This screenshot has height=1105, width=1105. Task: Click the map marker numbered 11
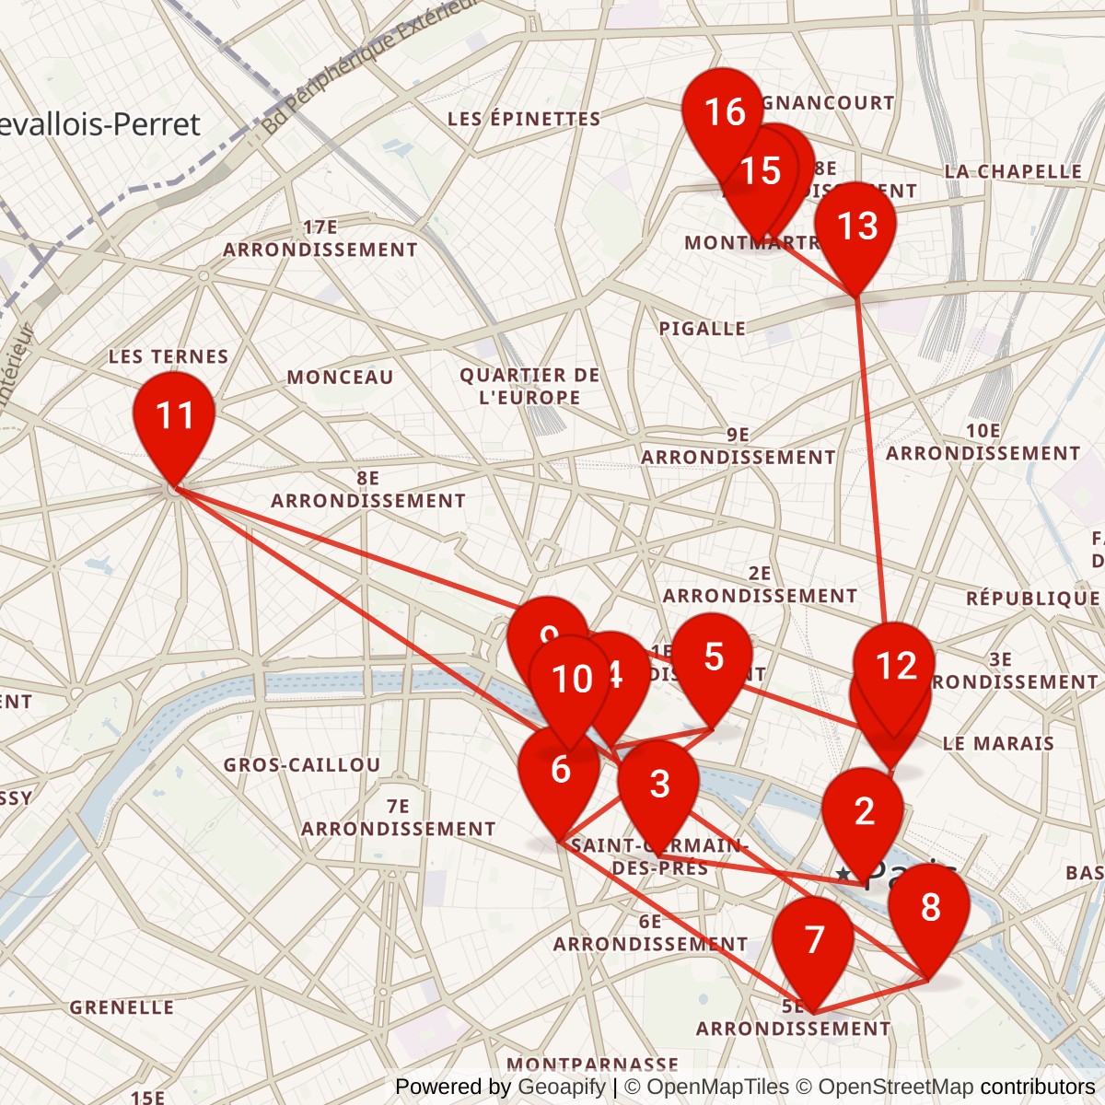(x=174, y=419)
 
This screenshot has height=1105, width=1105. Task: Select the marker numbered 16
(x=723, y=115)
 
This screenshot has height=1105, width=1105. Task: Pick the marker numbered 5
(x=713, y=660)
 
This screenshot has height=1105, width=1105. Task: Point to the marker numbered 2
(x=863, y=814)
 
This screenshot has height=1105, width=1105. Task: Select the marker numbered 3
(x=658, y=786)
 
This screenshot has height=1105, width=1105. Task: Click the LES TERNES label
(x=169, y=356)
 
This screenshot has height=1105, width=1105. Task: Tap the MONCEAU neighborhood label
(x=340, y=378)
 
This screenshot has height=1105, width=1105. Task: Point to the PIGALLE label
(x=703, y=329)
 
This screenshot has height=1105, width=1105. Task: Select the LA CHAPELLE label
(x=1013, y=172)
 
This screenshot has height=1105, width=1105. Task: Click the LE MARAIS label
(x=998, y=743)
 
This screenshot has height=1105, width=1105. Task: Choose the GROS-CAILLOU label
(x=302, y=765)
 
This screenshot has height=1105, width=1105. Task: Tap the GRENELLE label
(x=122, y=1007)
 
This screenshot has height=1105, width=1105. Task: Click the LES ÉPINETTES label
(x=524, y=119)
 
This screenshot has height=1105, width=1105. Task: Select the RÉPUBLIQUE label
(x=1032, y=599)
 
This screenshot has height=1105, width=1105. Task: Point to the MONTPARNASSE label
(x=592, y=1064)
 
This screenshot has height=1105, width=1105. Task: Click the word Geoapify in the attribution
(x=562, y=1087)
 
